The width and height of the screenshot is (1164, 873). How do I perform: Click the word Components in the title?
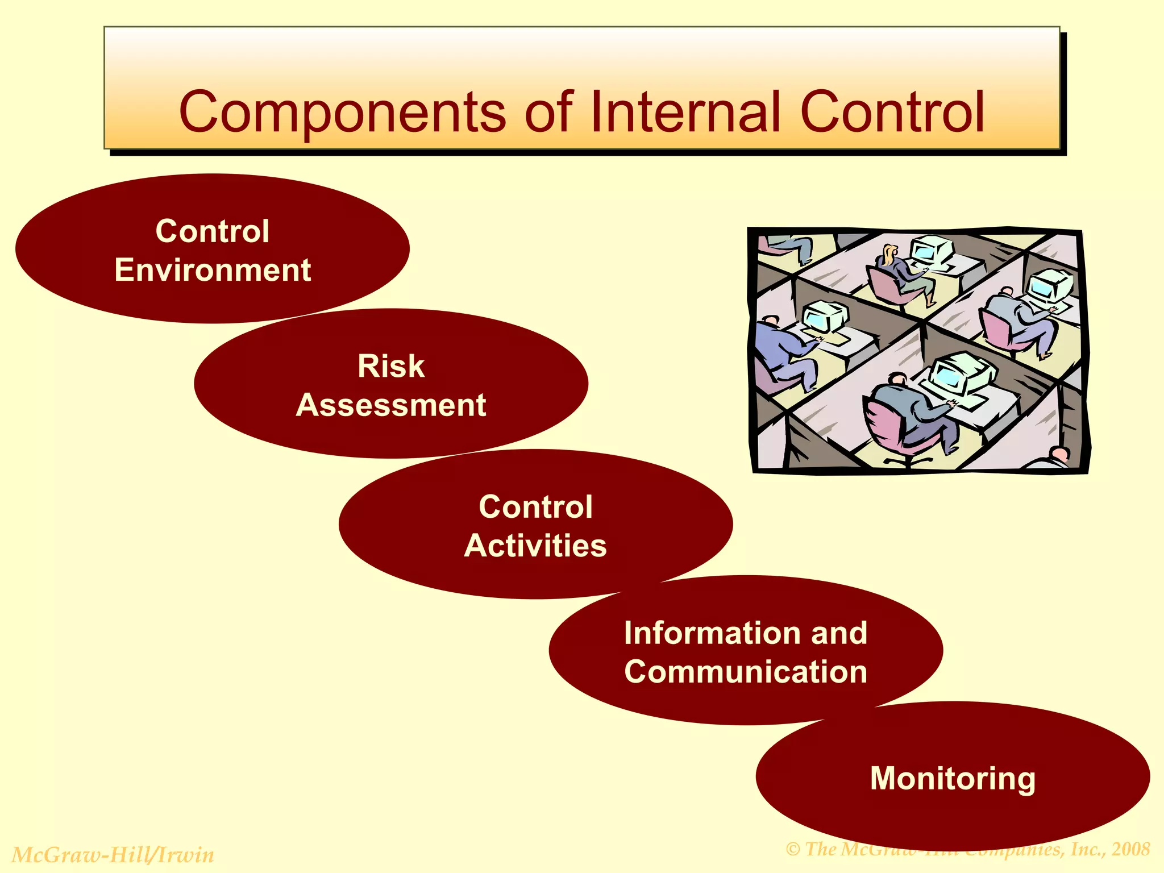(x=342, y=113)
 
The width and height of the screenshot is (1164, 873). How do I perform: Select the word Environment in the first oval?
(x=213, y=270)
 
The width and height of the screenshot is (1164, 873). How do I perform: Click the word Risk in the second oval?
(x=391, y=366)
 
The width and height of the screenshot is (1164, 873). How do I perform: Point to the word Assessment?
(x=391, y=405)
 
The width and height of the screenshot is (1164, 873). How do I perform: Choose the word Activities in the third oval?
(x=535, y=546)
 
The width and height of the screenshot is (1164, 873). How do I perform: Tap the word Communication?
(x=746, y=672)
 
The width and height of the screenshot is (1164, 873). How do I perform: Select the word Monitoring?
(x=953, y=778)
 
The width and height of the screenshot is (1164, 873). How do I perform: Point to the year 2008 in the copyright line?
(x=1130, y=849)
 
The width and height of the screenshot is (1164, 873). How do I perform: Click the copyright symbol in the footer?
(x=793, y=850)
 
